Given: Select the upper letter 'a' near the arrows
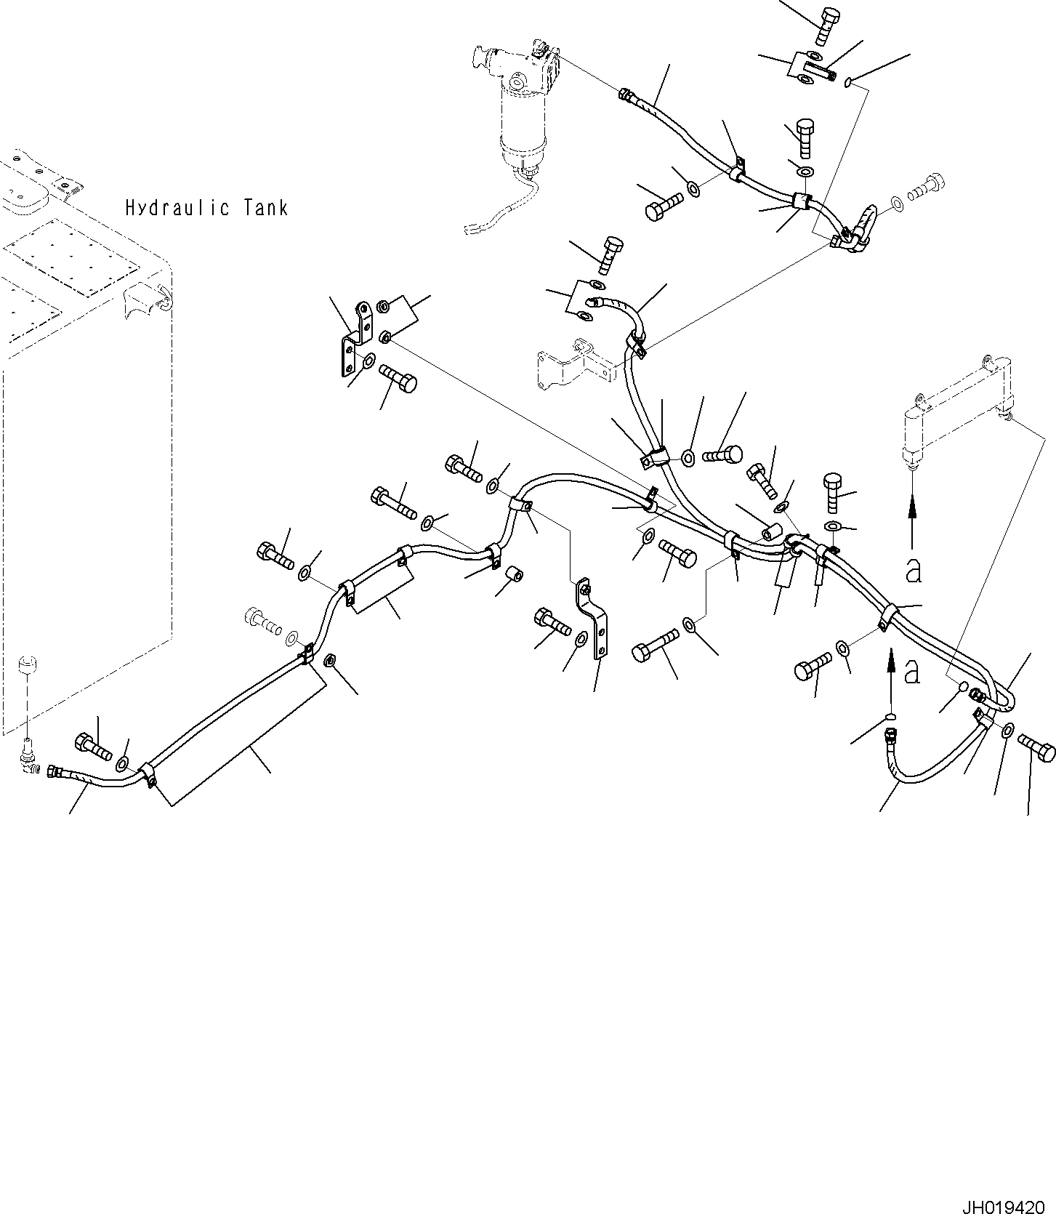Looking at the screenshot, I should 914,571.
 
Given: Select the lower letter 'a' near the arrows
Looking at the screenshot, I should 911,672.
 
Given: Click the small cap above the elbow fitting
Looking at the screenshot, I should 27,665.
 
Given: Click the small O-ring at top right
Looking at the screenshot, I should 849,85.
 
